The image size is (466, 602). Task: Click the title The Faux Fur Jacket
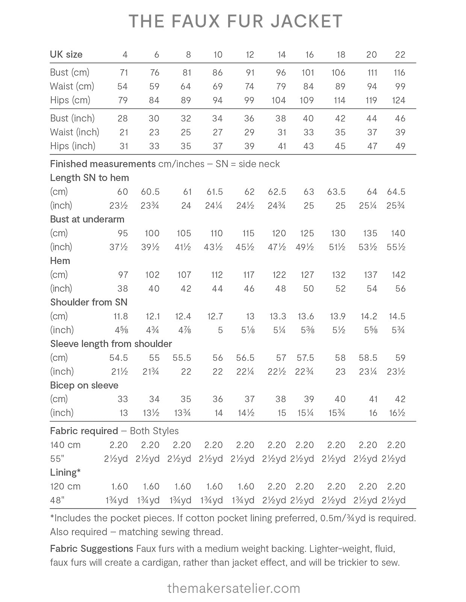235,21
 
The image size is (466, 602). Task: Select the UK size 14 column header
281,55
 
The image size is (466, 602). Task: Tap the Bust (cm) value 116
399,73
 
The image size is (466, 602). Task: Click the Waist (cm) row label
72,87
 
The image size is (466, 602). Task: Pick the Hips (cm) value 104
278,100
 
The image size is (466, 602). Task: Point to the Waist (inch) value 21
124,132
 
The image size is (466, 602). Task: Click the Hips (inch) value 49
400,146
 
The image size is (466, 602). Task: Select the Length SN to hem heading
89,178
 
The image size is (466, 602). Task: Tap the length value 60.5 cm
150,192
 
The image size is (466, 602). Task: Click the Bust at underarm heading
87,219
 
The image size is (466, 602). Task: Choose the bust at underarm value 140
398,233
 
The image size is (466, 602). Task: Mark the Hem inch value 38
123,289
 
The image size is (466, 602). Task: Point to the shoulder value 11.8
121,316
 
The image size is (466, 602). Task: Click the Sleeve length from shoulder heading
111,344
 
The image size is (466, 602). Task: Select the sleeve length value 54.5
118,358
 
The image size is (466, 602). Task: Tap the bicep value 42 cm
400,399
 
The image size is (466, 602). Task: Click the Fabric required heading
84,431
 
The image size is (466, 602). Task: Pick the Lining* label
65,473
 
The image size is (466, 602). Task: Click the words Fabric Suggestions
91,549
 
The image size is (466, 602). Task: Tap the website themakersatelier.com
233,588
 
